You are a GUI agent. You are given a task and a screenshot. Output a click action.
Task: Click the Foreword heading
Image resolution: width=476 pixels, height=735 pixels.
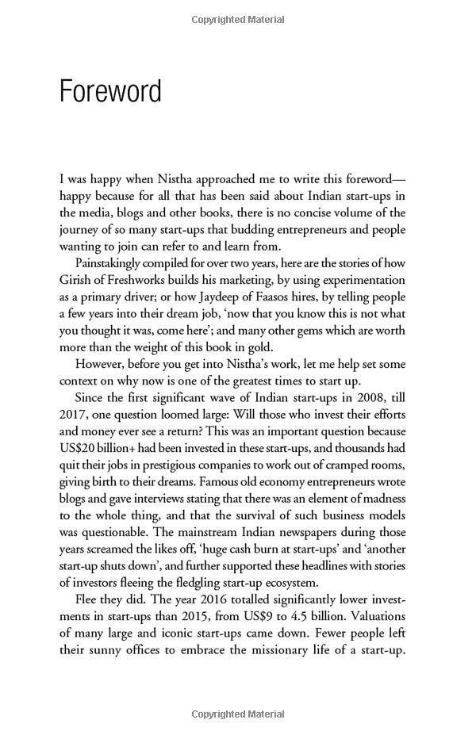(x=110, y=91)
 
